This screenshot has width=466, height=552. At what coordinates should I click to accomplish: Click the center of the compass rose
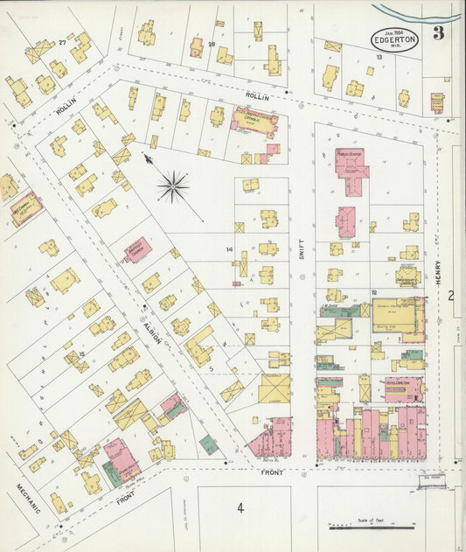click(173, 185)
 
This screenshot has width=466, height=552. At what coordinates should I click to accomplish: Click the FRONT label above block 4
click(272, 472)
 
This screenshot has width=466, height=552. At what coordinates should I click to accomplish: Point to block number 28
click(211, 43)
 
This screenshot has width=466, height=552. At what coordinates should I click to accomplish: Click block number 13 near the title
click(379, 56)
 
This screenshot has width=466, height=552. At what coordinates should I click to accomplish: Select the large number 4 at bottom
click(239, 508)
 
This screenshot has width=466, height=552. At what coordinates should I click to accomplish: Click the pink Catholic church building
click(254, 122)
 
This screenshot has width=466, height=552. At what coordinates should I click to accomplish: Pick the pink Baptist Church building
click(136, 249)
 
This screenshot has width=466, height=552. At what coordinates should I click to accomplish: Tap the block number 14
click(229, 250)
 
